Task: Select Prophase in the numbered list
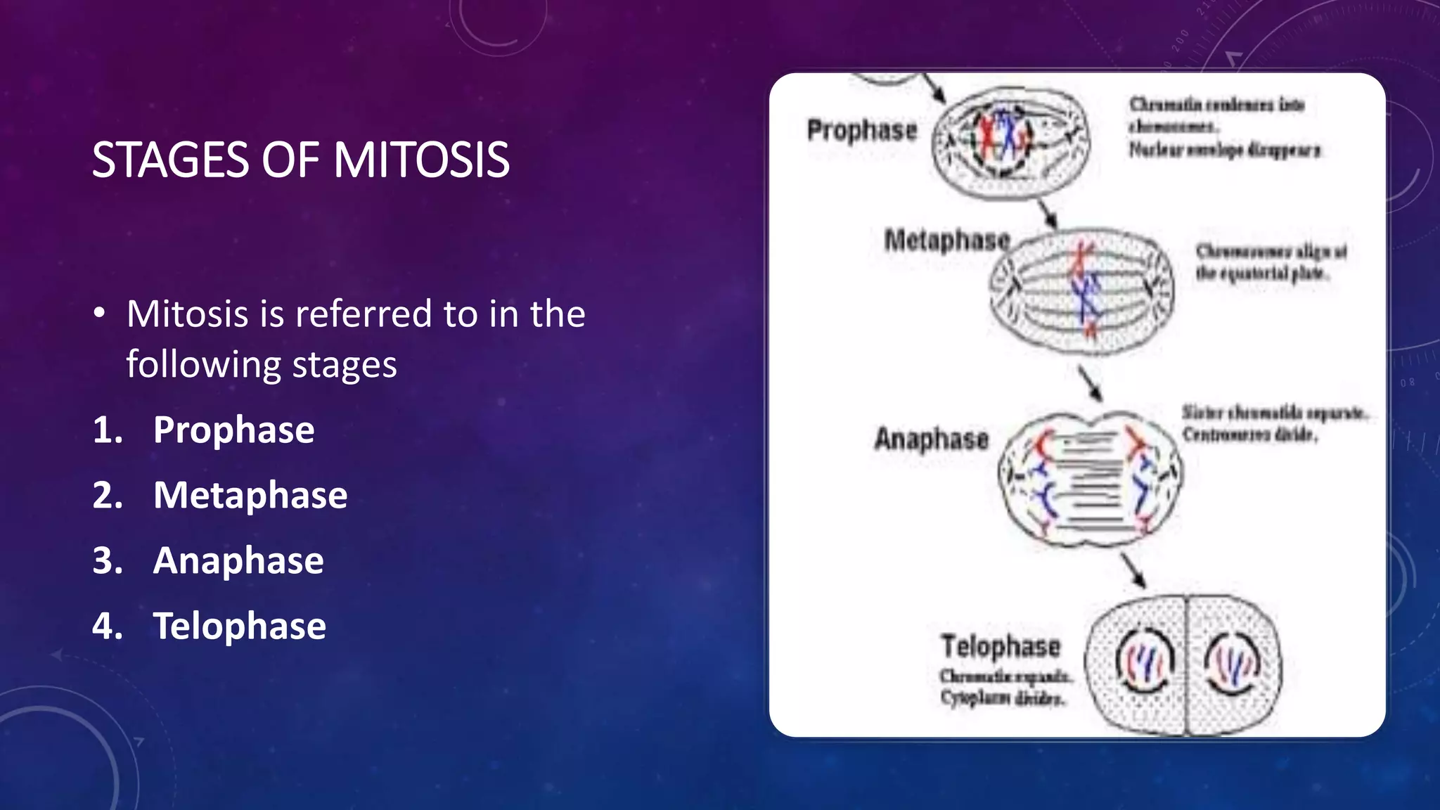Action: click(x=233, y=430)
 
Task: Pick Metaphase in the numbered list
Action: click(x=250, y=495)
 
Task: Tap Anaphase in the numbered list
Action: click(x=238, y=560)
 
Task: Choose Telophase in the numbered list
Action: click(x=239, y=626)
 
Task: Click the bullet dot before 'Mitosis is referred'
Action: click(x=100, y=314)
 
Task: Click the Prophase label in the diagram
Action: click(x=862, y=130)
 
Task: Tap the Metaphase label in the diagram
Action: click(x=946, y=240)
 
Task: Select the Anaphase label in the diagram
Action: click(x=931, y=439)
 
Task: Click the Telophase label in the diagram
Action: click(x=1001, y=646)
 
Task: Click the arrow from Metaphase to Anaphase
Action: click(x=1091, y=382)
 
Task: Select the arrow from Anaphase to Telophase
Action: click(x=1133, y=570)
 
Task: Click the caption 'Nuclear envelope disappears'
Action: click(x=1224, y=150)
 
